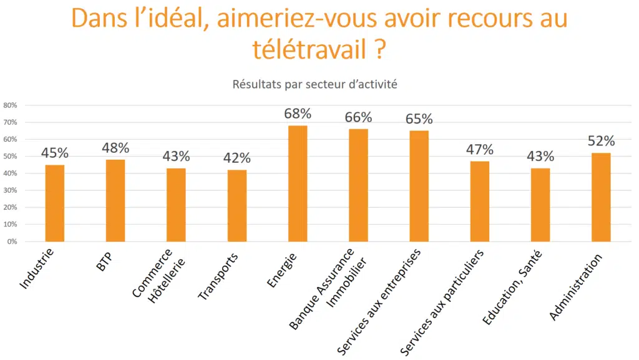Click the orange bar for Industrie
(54, 203)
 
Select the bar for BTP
(115, 200)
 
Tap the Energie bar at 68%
(298, 183)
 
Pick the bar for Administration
(601, 197)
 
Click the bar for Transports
(237, 205)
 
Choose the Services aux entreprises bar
(419, 186)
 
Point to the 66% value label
(358, 117)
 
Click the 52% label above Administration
(601, 141)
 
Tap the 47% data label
(479, 150)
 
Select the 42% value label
(237, 158)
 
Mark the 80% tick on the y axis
(10, 105)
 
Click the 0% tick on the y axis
(12, 241)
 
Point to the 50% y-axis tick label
(10, 157)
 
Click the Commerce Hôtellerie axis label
(156, 278)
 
